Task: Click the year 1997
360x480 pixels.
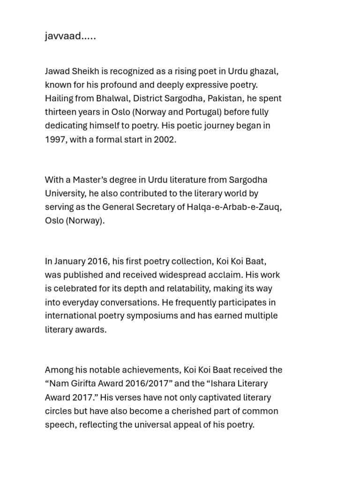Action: (55, 139)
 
